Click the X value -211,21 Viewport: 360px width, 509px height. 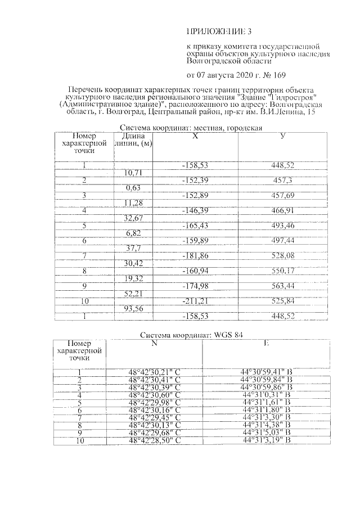click(x=195, y=301)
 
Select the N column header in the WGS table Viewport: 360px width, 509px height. click(x=154, y=343)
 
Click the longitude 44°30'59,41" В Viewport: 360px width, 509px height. click(x=266, y=372)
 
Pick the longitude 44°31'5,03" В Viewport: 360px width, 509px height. click(x=266, y=433)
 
